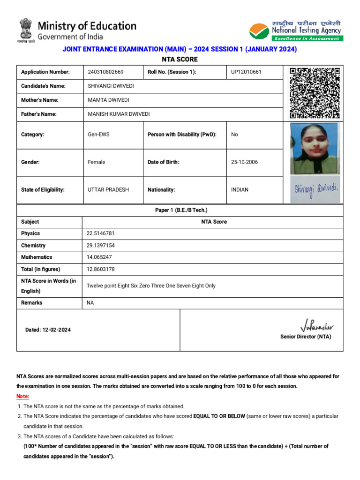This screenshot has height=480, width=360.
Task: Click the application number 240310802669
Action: click(x=105, y=72)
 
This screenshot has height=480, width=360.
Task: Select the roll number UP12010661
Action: click(x=246, y=72)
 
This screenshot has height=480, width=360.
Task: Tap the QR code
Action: click(x=314, y=93)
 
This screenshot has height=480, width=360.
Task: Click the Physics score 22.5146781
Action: click(x=100, y=233)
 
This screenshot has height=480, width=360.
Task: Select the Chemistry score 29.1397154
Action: click(x=100, y=246)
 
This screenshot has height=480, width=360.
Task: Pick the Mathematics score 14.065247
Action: click(x=99, y=257)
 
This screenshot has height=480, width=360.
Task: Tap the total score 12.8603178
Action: click(x=100, y=270)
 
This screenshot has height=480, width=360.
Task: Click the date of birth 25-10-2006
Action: click(x=244, y=162)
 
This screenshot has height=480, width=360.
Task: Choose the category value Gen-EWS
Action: click(x=98, y=135)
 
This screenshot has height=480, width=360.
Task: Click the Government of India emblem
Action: click(x=27, y=30)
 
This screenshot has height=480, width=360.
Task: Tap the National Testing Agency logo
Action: click(x=295, y=31)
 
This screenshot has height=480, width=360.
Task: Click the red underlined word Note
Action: click(x=22, y=397)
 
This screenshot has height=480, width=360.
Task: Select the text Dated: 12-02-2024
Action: click(x=48, y=330)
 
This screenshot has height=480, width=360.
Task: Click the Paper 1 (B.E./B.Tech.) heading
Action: click(x=181, y=210)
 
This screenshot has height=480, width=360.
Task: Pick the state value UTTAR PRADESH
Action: click(x=108, y=190)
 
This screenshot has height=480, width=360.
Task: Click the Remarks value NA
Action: click(x=90, y=303)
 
